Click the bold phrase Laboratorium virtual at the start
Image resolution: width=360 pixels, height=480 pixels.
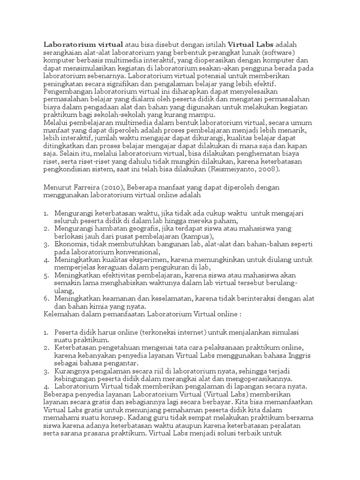tap(83, 44)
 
